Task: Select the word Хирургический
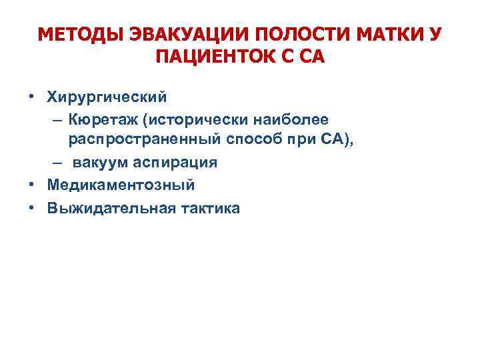pyautogui.click(x=107, y=97)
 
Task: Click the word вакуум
pyautogui.click(x=100, y=163)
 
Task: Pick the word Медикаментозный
pyautogui.click(x=121, y=185)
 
